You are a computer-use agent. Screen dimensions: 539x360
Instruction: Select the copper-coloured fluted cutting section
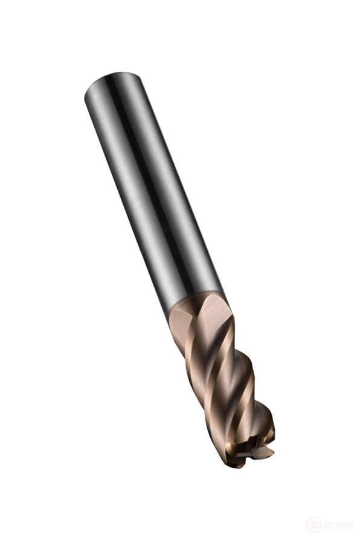(x=223, y=374)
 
